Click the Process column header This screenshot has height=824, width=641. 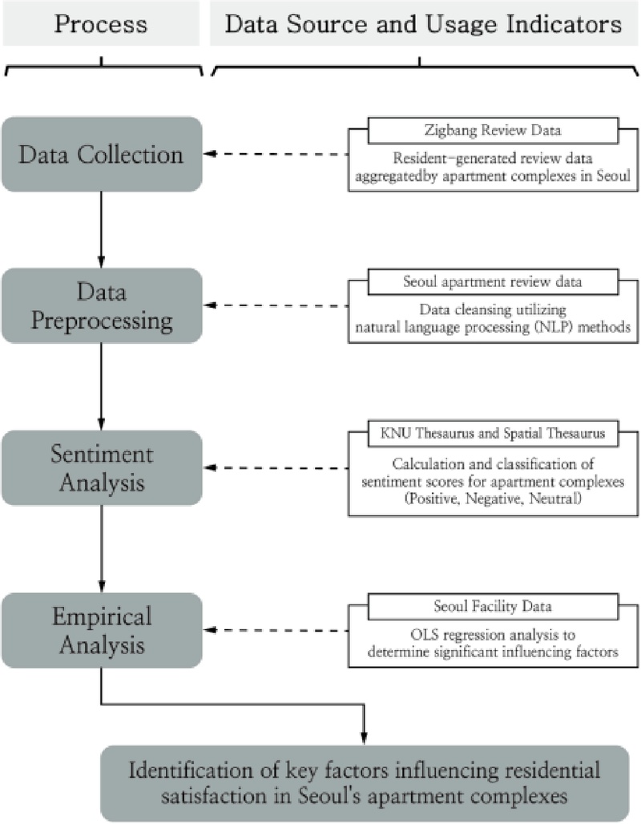click(x=101, y=23)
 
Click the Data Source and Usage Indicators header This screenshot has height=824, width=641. click(x=423, y=23)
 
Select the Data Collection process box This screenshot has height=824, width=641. click(x=101, y=154)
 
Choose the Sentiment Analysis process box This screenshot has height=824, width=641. click(x=101, y=467)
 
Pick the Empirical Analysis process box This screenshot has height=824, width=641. click(x=101, y=630)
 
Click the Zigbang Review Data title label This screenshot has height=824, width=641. click(x=492, y=128)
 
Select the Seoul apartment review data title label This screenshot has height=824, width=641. click(x=492, y=282)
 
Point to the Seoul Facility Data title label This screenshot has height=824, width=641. click(x=492, y=605)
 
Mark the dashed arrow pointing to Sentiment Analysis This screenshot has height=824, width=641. click(x=276, y=468)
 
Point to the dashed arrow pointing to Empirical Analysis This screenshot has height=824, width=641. click(x=276, y=630)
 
